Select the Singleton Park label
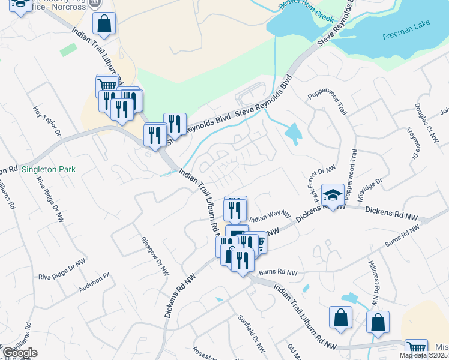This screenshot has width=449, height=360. point(49,170)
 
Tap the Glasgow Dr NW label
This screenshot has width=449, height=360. point(155,256)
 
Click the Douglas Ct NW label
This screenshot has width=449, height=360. point(426,122)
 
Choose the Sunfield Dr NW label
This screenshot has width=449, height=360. point(251,333)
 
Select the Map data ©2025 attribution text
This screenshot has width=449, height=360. point(424,356)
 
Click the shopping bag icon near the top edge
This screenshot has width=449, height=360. point(104,24)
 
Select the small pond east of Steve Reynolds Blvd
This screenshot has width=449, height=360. point(293,133)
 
